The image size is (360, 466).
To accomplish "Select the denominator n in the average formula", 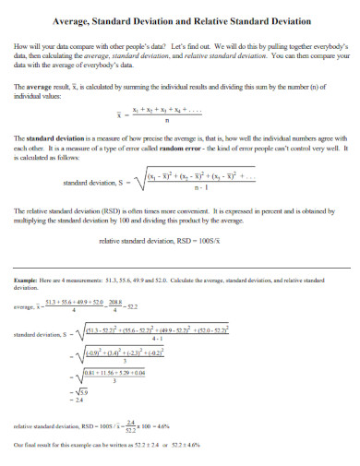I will point(165,118).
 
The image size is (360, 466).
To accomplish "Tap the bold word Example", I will point(26,279).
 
